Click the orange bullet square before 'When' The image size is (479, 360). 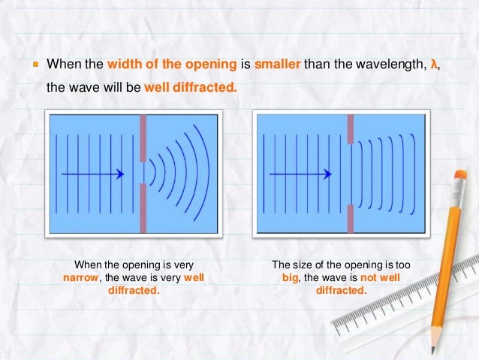36,65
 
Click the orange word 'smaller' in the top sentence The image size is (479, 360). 278,64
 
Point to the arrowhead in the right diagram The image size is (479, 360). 327,174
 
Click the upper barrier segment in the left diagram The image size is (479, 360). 143,138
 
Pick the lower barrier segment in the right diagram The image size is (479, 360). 350,218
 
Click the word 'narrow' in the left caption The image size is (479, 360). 79,277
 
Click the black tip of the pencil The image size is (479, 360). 433,350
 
